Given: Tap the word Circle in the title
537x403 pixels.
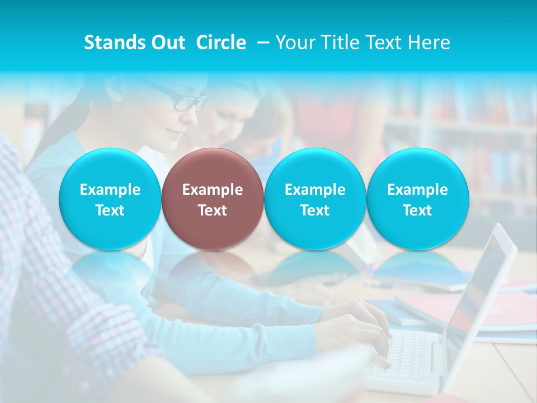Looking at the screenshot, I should (x=221, y=43).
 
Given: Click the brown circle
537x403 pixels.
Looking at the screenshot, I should (x=213, y=199).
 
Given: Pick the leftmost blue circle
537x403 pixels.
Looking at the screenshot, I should (x=110, y=199).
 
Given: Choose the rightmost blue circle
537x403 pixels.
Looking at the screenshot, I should (x=417, y=199).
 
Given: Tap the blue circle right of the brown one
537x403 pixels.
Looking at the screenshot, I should (x=315, y=199).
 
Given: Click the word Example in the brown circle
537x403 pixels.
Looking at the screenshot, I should (x=213, y=190).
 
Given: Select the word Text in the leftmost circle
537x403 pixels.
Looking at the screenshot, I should (x=110, y=210).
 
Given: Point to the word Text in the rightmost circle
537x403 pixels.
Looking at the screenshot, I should (x=417, y=210).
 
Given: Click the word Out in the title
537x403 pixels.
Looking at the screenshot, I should (x=168, y=43).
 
